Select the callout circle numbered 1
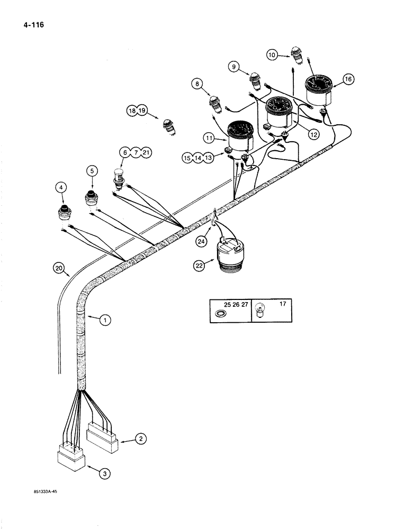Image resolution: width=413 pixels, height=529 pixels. [105, 320]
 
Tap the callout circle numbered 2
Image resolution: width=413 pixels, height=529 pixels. [140, 439]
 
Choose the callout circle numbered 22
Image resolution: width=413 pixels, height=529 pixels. [199, 266]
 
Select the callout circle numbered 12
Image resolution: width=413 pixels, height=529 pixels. [313, 135]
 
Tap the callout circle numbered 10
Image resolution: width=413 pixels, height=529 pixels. [272, 54]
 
